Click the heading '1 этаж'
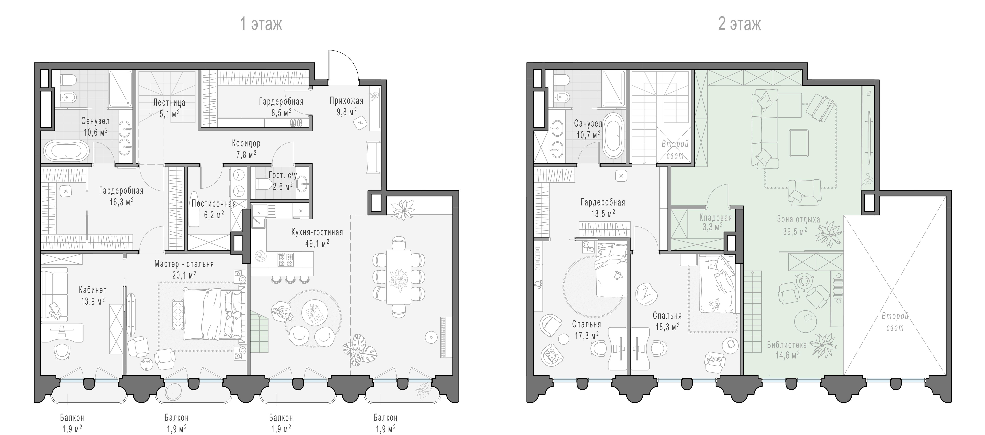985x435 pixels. click(261, 24)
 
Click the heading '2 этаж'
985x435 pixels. click(739, 24)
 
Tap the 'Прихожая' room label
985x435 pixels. click(346, 101)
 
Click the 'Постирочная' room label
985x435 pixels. click(214, 204)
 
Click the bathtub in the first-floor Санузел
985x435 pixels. click(67, 150)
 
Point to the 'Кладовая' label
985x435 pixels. click(715, 218)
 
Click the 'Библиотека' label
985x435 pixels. click(787, 345)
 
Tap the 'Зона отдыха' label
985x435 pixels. click(798, 219)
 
